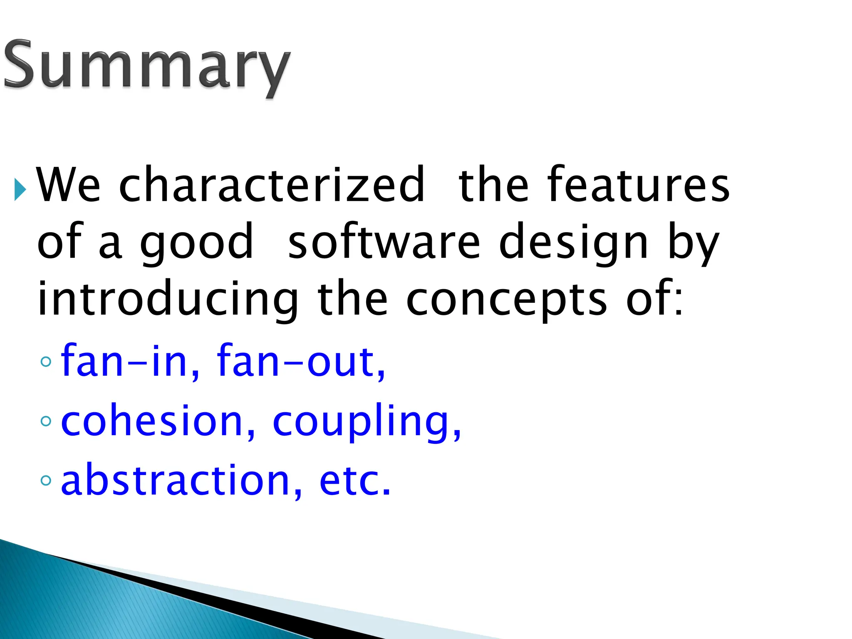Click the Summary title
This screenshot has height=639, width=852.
coord(146,67)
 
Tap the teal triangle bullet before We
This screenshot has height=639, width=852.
coord(20,189)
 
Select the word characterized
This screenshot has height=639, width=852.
coord(272,185)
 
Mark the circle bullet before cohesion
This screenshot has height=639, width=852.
coord(46,421)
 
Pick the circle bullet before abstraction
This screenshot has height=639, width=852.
coord(46,481)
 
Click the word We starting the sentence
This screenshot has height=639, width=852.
coord(69,185)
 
